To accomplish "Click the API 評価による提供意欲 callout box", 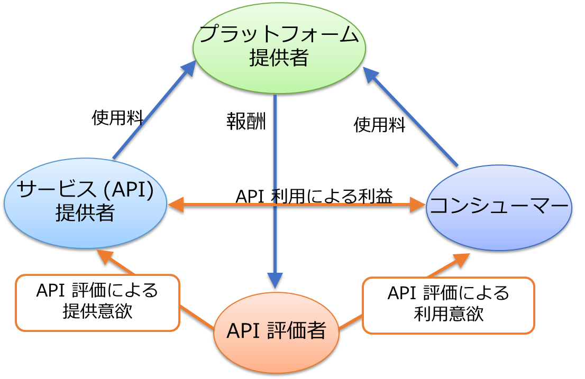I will pos(97,302).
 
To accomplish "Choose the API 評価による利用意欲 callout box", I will pos(449,304).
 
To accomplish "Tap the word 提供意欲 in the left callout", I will pos(97,311).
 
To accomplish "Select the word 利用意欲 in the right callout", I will pos(449,315).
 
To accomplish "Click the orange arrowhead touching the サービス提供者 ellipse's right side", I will pos(176,205).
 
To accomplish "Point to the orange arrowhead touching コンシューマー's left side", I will pos(418,205).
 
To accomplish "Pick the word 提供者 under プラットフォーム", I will pos(279,58).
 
